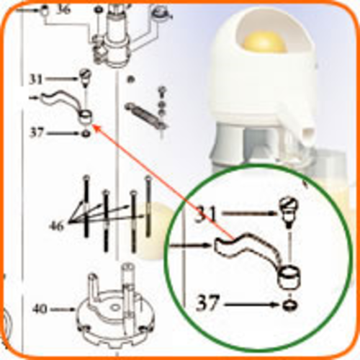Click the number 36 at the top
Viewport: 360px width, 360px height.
click(x=63, y=9)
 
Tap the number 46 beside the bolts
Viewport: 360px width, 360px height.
click(x=57, y=226)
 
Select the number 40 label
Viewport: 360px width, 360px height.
click(x=40, y=309)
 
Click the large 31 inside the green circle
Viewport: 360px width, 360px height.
click(x=206, y=215)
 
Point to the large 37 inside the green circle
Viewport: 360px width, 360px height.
click(x=208, y=303)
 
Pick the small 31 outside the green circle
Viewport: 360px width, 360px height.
click(x=36, y=79)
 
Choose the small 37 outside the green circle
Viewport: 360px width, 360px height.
click(x=37, y=132)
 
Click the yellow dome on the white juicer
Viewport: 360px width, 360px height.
click(x=264, y=42)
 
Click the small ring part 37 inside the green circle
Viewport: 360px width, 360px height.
click(x=290, y=305)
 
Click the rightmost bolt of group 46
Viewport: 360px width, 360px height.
click(x=148, y=207)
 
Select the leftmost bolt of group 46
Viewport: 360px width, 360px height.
click(x=86, y=207)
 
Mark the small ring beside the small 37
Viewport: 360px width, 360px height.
click(x=86, y=133)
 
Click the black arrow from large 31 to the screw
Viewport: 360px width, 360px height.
click(x=251, y=212)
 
